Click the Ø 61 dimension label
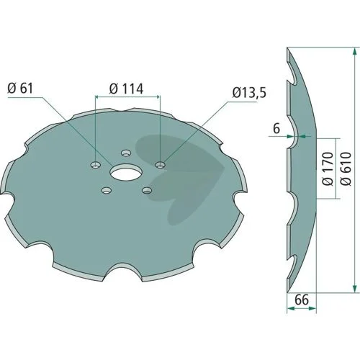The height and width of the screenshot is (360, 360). click(x=20, y=89)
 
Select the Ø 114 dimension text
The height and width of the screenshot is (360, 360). click(x=126, y=89)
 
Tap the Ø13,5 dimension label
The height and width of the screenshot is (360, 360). click(x=249, y=93)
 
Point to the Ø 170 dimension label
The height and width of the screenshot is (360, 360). click(x=328, y=168)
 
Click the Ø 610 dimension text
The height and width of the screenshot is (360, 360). click(x=346, y=168)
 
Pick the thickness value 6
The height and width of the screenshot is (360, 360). click(x=276, y=129)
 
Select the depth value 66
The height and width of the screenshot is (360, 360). click(x=302, y=300)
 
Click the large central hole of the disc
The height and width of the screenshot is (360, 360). click(x=126, y=171)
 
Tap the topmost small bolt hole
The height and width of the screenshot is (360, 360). click(x=126, y=153)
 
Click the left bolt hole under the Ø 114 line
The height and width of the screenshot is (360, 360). click(x=96, y=165)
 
